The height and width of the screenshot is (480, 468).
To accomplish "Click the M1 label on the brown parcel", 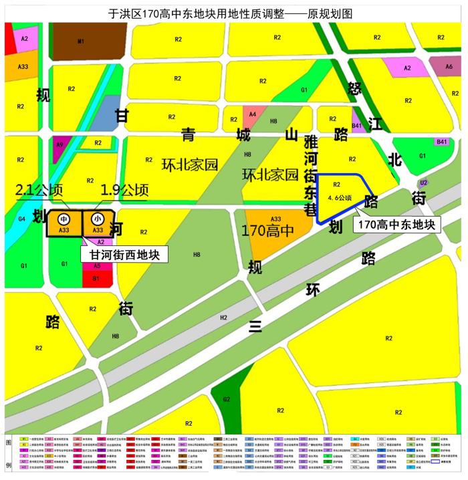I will tap(81, 41).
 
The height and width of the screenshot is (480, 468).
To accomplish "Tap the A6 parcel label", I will tap(449, 66).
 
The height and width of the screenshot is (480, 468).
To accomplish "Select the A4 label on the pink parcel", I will tap(252, 114).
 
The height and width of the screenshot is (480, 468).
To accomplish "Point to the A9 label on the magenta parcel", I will tap(60, 144).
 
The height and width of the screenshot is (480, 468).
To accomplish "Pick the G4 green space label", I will tap(21, 218).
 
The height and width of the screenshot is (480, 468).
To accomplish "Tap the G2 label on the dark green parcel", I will tap(227, 399).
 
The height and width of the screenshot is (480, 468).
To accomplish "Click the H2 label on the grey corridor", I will tap(223, 318).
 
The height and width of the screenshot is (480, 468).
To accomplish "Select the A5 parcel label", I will tap(97, 265).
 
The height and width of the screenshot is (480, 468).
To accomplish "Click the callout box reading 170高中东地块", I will tap(397, 225).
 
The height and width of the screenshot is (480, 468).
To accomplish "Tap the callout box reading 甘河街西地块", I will tap(124, 254).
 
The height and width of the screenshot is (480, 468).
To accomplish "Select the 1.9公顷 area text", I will tap(124, 191).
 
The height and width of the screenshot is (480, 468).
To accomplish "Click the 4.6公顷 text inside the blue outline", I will tap(340, 198).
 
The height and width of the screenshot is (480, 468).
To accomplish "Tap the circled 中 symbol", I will tap(64, 219).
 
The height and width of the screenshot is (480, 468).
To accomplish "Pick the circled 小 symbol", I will tap(98, 219).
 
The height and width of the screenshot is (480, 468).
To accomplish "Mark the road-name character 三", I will tap(254, 327).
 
